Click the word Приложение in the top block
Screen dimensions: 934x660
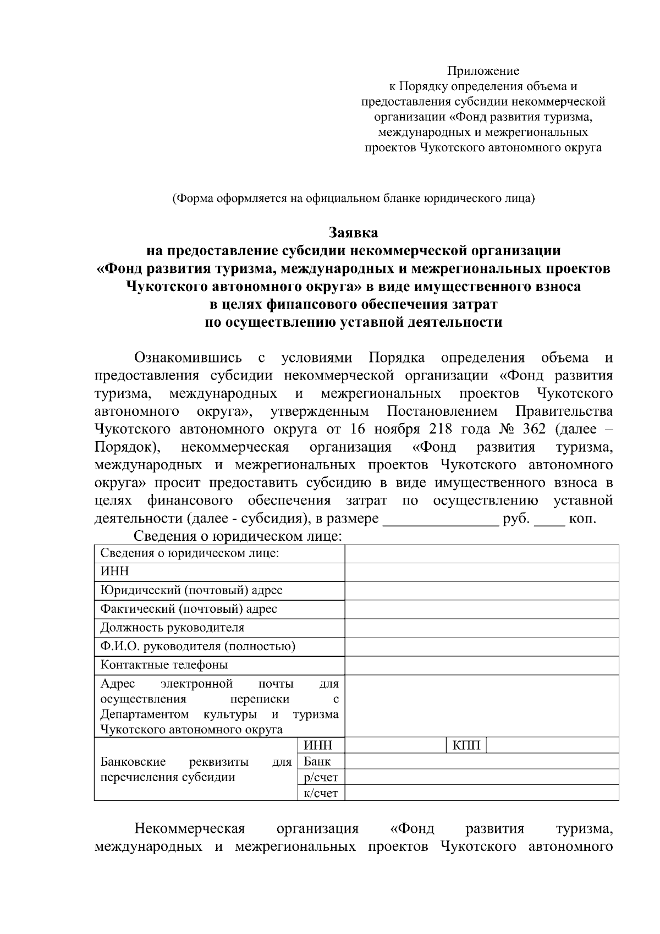point(483,71)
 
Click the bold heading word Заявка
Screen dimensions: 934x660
point(353,233)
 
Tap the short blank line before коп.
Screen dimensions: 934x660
point(549,520)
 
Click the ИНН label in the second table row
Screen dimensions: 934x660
point(115,572)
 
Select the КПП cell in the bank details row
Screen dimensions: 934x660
point(466,746)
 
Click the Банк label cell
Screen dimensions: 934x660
point(318,762)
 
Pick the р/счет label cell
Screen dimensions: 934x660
point(321,777)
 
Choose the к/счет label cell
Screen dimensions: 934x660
point(321,793)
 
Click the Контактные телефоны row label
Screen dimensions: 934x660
point(164,665)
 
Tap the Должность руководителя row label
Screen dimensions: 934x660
point(172,628)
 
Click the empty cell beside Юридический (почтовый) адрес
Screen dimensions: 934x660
point(481,591)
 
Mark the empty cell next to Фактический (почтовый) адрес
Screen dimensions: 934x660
point(481,609)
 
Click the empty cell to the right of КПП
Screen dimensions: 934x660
point(552,746)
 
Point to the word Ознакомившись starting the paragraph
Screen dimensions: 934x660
point(188,358)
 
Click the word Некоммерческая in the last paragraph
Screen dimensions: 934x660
point(190,828)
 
